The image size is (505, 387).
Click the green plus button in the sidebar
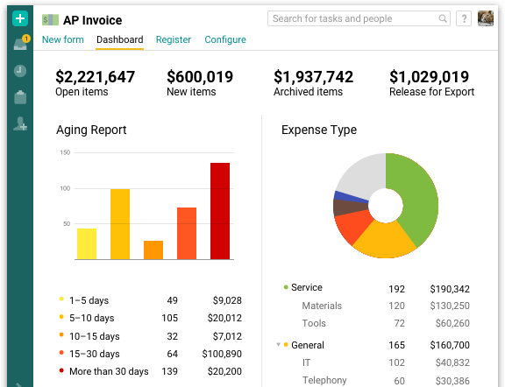(x=20, y=18)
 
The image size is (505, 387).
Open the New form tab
(x=63, y=39)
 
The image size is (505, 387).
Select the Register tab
(x=174, y=39)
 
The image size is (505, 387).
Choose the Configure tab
(x=225, y=39)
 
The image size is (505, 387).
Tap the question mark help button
(x=465, y=18)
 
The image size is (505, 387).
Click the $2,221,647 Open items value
(x=95, y=77)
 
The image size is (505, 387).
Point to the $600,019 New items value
(x=200, y=77)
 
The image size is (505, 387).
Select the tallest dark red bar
(x=219, y=211)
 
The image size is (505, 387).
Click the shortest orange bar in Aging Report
(x=153, y=250)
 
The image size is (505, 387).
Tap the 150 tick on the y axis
(x=65, y=152)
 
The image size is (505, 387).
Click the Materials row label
(x=322, y=306)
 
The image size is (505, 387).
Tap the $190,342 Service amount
(x=450, y=288)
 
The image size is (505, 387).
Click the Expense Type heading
(x=318, y=130)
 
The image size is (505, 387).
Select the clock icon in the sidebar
(x=20, y=71)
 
